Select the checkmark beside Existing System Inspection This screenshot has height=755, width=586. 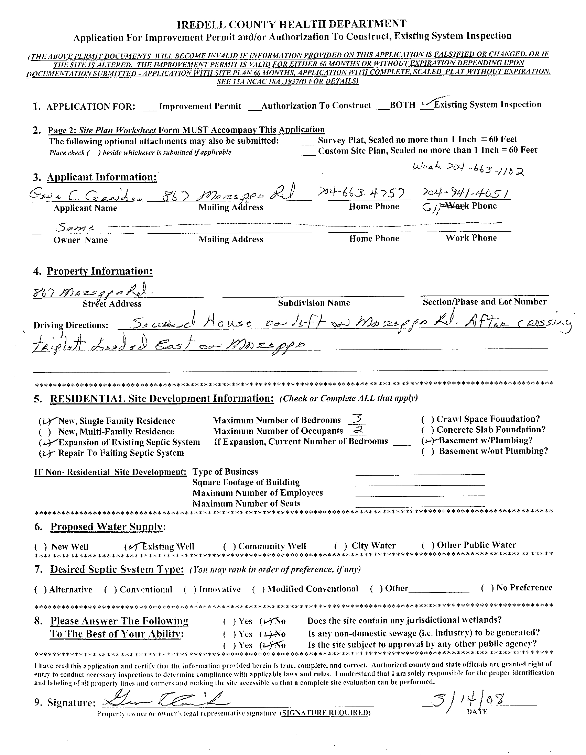428,104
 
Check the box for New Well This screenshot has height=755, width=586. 41,546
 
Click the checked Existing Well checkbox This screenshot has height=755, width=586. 131,546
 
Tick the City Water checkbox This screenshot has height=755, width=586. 341,546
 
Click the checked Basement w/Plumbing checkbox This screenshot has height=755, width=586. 427,441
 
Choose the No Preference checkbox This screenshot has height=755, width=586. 487,588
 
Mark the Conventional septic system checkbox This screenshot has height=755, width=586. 111,589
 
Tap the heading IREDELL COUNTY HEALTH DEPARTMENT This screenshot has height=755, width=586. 292,24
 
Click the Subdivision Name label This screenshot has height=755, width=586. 314,303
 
